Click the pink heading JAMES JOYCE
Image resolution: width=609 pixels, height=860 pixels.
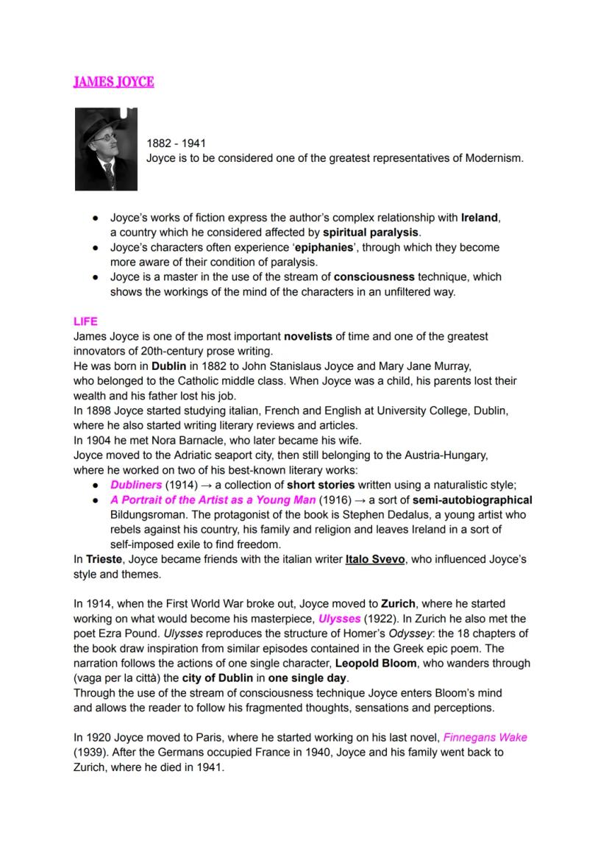113,82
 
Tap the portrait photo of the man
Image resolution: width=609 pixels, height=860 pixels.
106,149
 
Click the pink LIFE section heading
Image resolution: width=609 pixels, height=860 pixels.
85,321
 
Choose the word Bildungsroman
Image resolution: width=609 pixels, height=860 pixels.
152,515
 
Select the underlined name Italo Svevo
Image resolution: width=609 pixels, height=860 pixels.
375,559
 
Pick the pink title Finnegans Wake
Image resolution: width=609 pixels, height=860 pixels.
485,737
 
